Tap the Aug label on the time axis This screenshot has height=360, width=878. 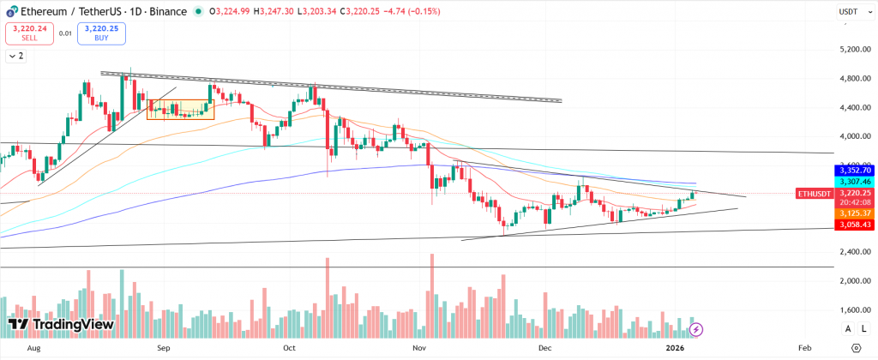(x=34, y=350)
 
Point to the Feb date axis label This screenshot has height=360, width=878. (x=804, y=350)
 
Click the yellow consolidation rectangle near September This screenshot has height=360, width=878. (x=178, y=110)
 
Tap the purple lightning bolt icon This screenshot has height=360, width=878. (x=696, y=328)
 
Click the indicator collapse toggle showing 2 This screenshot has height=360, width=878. (x=16, y=56)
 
